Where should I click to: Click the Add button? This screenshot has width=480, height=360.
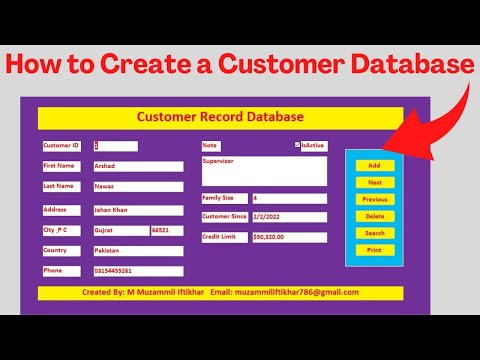pyautogui.click(x=374, y=165)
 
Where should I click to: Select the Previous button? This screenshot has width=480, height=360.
pyautogui.click(x=374, y=199)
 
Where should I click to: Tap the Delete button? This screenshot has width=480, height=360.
pyautogui.click(x=374, y=216)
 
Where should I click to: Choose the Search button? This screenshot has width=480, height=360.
pyautogui.click(x=374, y=233)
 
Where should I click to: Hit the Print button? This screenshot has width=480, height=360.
pyautogui.click(x=374, y=250)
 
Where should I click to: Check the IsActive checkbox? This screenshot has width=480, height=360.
pyautogui.click(x=298, y=145)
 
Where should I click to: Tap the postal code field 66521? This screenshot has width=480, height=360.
pyautogui.click(x=166, y=230)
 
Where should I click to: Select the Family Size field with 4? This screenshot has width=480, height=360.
pyautogui.click(x=288, y=198)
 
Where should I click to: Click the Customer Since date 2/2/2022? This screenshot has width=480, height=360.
pyautogui.click(x=288, y=217)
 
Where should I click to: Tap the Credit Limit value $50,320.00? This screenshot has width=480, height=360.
pyautogui.click(x=288, y=237)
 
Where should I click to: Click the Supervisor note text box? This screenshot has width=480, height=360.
pyautogui.click(x=263, y=170)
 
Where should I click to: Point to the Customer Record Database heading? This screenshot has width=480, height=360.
pyautogui.click(x=220, y=118)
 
